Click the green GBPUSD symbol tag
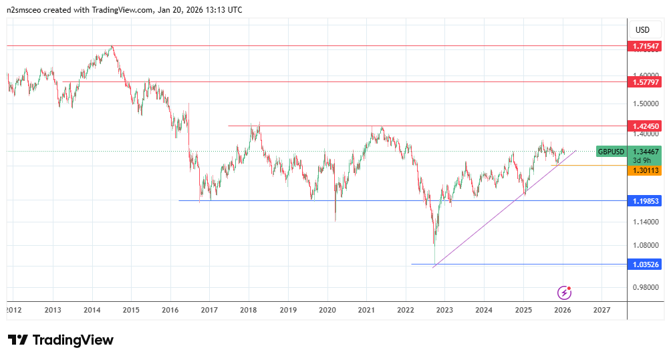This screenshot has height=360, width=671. point(611,152)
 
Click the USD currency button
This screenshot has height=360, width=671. point(642,29)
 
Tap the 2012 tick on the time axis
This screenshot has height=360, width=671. point(13,310)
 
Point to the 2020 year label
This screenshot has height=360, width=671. point(327,310)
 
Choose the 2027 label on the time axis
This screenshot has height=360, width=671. point(601,310)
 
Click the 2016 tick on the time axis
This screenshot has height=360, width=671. point(170,310)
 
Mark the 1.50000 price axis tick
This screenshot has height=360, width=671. point(646,104)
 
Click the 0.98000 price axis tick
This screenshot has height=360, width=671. point(646,287)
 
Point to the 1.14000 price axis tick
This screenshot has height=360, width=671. point(646,222)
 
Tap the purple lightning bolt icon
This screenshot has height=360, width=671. point(565,292)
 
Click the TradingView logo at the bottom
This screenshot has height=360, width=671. point(60,340)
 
